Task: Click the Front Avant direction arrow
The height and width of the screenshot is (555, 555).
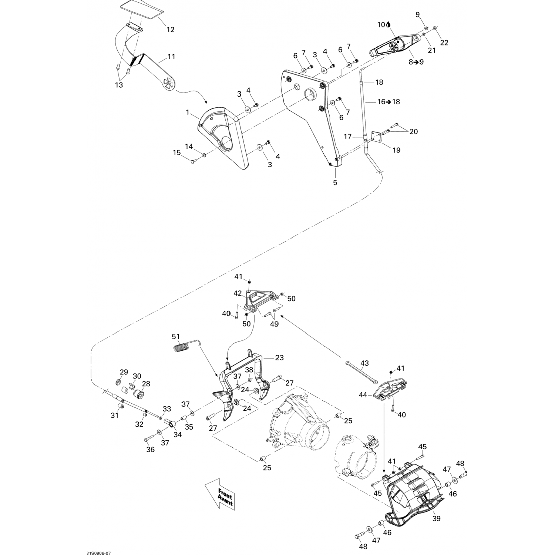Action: [x=221, y=496]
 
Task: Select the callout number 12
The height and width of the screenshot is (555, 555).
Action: [x=170, y=30]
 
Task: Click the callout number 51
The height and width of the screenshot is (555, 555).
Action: [x=176, y=336]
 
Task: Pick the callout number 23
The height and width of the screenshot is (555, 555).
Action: [x=279, y=358]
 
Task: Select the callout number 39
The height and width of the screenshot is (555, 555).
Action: [x=437, y=519]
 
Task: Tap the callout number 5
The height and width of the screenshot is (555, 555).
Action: [x=335, y=182]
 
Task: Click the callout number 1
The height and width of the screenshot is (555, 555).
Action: [x=188, y=111]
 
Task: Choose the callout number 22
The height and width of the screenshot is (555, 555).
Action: [x=444, y=43]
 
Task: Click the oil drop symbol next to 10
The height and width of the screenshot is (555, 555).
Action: [x=388, y=25]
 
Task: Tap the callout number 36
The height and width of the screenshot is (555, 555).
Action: [x=150, y=450]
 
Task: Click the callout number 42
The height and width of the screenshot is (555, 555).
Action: [x=238, y=293]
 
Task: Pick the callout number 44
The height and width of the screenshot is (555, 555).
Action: [x=363, y=395]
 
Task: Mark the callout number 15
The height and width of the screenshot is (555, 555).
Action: [x=177, y=152]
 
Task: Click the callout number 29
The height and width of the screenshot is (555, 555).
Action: [x=123, y=372]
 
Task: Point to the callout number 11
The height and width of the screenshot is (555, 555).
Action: [x=171, y=57]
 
